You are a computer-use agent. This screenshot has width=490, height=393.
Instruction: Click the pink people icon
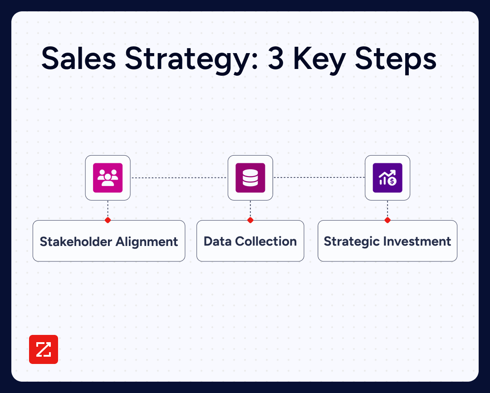point(108,178)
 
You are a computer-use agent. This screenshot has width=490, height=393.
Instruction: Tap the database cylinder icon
point(250,178)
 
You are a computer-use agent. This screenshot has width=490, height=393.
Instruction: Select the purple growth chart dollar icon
point(387,178)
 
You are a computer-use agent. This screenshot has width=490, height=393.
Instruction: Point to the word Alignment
point(147,241)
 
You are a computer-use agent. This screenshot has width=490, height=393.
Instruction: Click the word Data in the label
point(215,241)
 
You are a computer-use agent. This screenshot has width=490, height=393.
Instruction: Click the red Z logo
point(44,349)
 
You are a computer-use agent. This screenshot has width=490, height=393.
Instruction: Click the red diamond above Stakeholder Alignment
point(108,220)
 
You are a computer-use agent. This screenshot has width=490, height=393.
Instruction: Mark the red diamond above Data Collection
point(250,220)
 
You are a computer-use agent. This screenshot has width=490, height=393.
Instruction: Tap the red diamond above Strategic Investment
point(387,220)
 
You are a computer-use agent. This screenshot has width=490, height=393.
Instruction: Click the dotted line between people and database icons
point(179,178)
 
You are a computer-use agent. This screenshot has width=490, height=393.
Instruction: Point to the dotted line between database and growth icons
point(319,178)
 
